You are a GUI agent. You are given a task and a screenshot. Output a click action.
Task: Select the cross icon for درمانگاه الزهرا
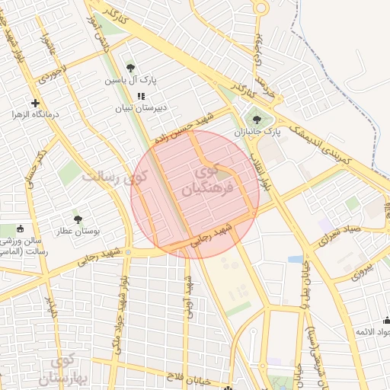(x=35, y=103)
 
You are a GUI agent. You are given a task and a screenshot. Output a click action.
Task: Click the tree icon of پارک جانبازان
(x=256, y=119)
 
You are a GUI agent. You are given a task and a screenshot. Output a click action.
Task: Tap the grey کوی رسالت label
(x=113, y=179)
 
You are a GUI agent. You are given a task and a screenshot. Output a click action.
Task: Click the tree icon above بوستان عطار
(x=77, y=219)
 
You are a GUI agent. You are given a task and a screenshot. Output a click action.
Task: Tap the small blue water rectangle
(x=295, y=260)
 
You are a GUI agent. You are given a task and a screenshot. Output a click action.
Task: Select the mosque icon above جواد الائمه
(x=386, y=321)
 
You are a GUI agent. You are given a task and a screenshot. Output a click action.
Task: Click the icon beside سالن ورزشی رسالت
(x=20, y=229)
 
